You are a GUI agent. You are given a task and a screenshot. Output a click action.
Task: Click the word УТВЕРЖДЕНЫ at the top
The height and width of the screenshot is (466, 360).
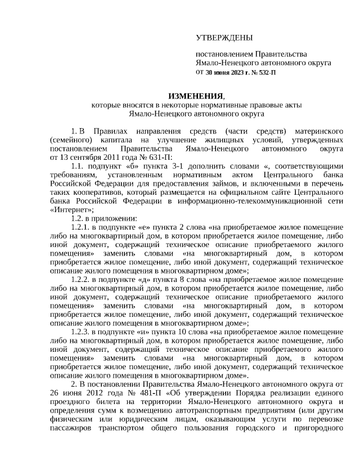click(x=224, y=38)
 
